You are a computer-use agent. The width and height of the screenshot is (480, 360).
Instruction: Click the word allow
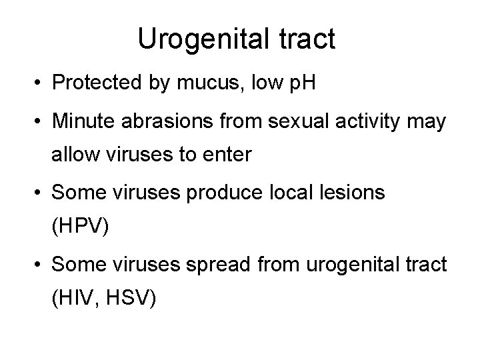pyautogui.click(x=71, y=155)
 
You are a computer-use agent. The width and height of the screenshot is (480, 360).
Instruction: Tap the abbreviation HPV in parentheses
pyautogui.click(x=79, y=227)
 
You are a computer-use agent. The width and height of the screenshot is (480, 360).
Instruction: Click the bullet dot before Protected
pyautogui.click(x=39, y=84)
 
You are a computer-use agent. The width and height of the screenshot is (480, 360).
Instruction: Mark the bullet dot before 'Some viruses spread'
pyautogui.click(x=39, y=264)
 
